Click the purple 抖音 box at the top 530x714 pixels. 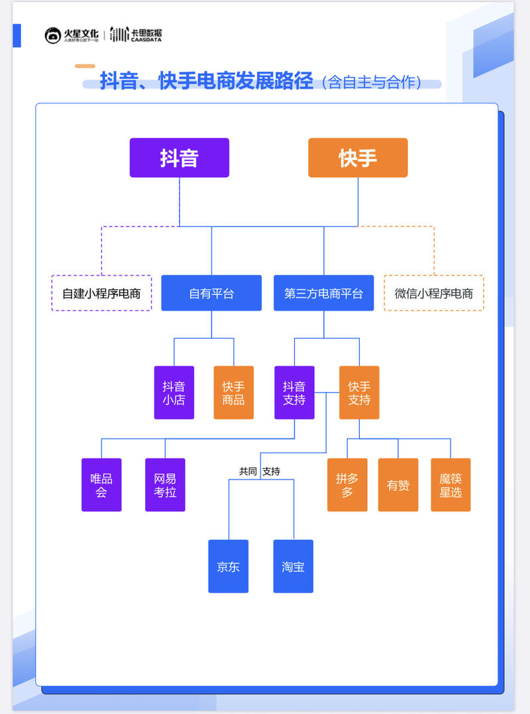point(179,158)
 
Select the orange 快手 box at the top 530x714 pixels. point(358,158)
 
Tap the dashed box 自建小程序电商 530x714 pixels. point(101,293)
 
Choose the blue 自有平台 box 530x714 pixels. point(211,293)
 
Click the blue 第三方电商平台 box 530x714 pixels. point(323,293)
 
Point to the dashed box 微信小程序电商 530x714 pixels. point(434,293)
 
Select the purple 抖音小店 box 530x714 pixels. point(174,393)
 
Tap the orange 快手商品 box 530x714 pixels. point(233,393)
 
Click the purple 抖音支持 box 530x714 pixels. point(294,393)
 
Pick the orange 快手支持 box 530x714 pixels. point(359,393)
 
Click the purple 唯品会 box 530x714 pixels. point(101,485)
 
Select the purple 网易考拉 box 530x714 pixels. point(165,485)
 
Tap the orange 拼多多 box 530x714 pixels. point(347,485)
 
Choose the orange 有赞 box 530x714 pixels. point(398,485)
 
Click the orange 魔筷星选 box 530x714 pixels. point(450,485)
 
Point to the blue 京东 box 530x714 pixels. point(228,566)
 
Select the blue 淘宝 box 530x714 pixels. point(293,566)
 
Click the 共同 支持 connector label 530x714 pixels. point(260,472)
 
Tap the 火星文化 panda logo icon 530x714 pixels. point(53,36)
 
